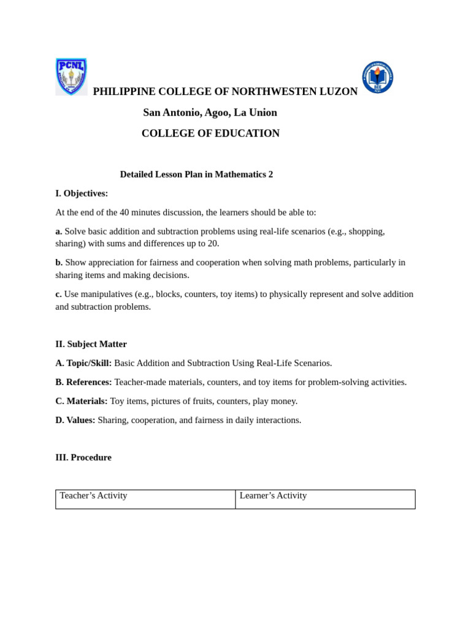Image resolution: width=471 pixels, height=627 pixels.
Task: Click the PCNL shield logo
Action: click(71, 77)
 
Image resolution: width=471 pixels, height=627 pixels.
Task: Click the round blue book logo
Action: click(377, 77)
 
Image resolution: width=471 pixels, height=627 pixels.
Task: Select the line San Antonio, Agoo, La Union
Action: click(210, 113)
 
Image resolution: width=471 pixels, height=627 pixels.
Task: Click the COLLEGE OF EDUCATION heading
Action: click(210, 133)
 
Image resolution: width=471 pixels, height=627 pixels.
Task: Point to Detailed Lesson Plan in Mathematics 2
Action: click(196, 175)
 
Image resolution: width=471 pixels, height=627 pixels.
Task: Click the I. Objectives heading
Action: click(82, 193)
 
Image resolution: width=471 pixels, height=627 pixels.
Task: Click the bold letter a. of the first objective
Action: click(59, 231)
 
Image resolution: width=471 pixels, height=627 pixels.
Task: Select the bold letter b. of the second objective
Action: click(59, 263)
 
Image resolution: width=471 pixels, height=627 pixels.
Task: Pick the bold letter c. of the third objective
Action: click(58, 295)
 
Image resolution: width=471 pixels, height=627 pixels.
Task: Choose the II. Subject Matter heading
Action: click(91, 344)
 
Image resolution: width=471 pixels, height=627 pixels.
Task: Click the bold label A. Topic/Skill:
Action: click(83, 363)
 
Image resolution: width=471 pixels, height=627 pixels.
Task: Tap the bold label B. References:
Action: click(83, 382)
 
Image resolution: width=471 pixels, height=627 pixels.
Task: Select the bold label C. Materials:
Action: click(81, 401)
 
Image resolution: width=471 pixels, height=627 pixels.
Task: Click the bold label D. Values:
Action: click(75, 420)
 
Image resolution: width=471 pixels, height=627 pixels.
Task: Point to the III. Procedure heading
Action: click(83, 457)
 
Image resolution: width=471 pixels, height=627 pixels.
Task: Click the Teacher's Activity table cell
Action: click(145, 498)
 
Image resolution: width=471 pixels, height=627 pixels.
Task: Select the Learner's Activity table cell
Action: click(325, 498)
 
